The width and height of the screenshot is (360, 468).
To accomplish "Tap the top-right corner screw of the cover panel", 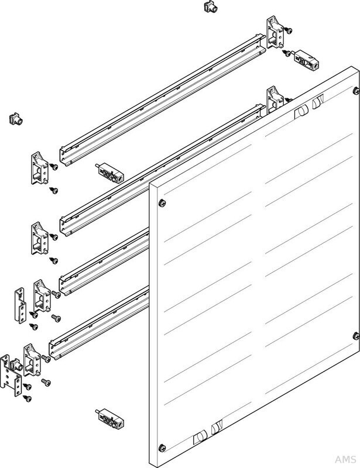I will [x=355, y=90].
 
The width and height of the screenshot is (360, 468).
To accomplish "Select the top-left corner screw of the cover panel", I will [x=162, y=203].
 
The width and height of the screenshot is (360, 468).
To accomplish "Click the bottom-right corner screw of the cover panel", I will [x=355, y=335].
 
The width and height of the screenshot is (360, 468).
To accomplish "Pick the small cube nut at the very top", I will [x=207, y=7].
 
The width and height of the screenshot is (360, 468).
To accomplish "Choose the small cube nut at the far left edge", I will [x=14, y=119].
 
